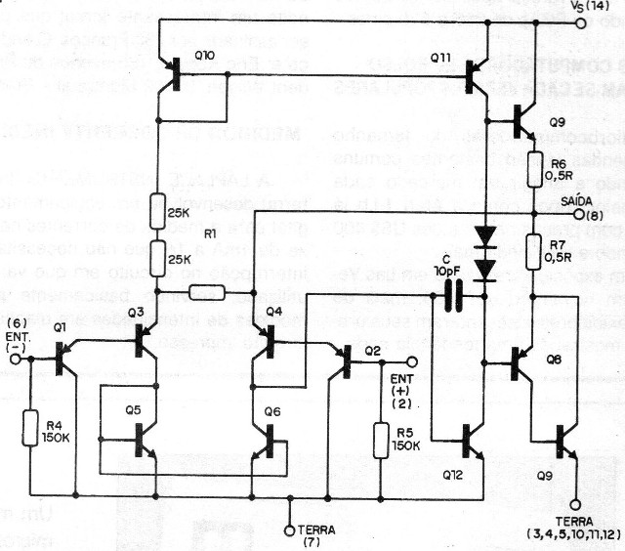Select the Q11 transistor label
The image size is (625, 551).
point(440,58)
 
